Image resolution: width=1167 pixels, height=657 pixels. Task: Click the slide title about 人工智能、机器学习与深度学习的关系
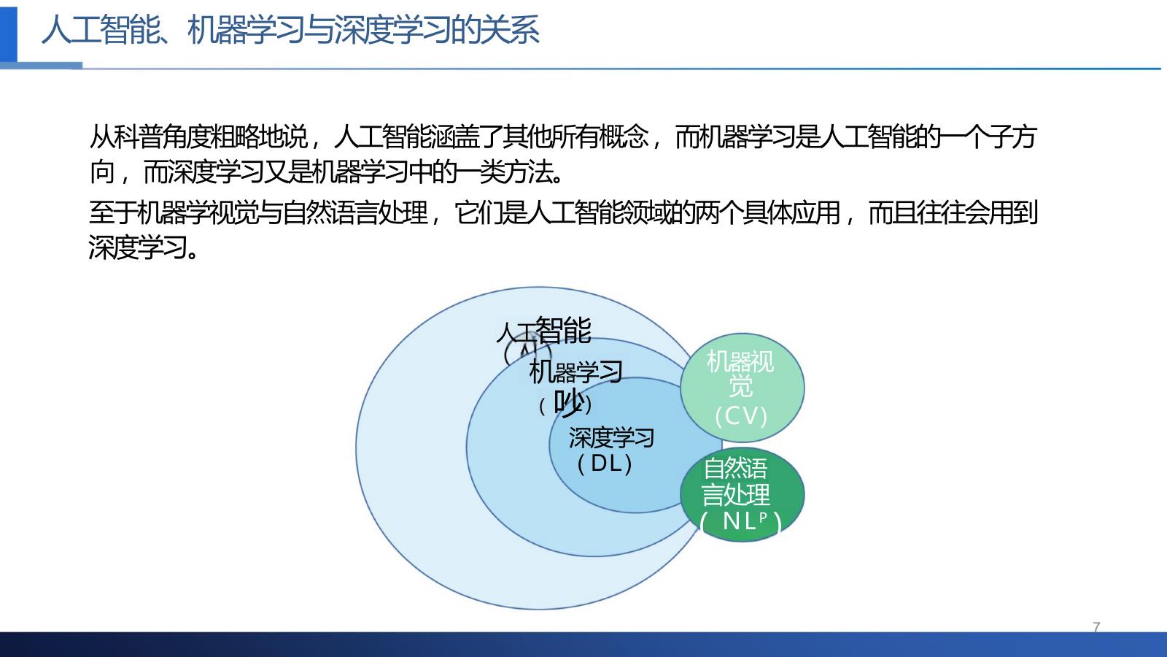click(290, 31)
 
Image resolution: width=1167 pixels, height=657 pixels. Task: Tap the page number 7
click(1096, 626)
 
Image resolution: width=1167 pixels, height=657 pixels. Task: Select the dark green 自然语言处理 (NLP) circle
click(742, 494)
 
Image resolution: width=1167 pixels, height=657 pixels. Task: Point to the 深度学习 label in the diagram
click(611, 438)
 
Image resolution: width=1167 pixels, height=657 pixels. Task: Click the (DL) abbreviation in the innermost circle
click(605, 464)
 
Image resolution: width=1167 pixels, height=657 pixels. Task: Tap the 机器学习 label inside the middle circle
click(575, 372)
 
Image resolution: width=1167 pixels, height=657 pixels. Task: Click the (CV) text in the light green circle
click(741, 416)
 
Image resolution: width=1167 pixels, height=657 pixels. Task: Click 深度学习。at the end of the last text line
click(143, 248)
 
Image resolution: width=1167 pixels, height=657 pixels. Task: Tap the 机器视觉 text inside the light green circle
click(741, 372)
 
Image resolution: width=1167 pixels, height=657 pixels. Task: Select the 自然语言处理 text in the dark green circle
click(736, 481)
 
